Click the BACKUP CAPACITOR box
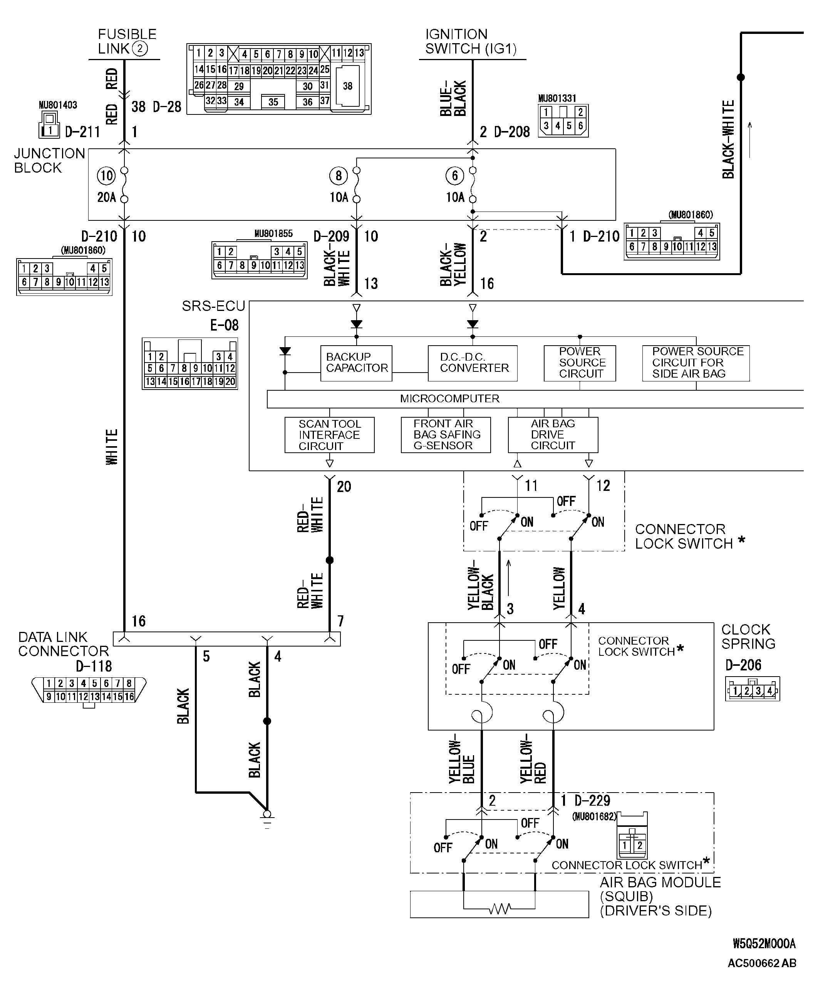[356, 363]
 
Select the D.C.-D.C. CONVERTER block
[473, 363]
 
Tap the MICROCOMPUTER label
[449, 399]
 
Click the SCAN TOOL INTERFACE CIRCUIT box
[329, 435]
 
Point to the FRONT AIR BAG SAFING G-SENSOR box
[446, 435]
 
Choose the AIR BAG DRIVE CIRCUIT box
[553, 435]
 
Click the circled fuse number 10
[106, 176]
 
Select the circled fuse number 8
[338, 176]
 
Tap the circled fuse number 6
[455, 176]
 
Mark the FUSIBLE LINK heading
[126, 42]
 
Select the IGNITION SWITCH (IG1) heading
[470, 42]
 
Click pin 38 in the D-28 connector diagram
[348, 86]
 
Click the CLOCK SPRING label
[748, 637]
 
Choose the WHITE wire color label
[112, 447]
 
